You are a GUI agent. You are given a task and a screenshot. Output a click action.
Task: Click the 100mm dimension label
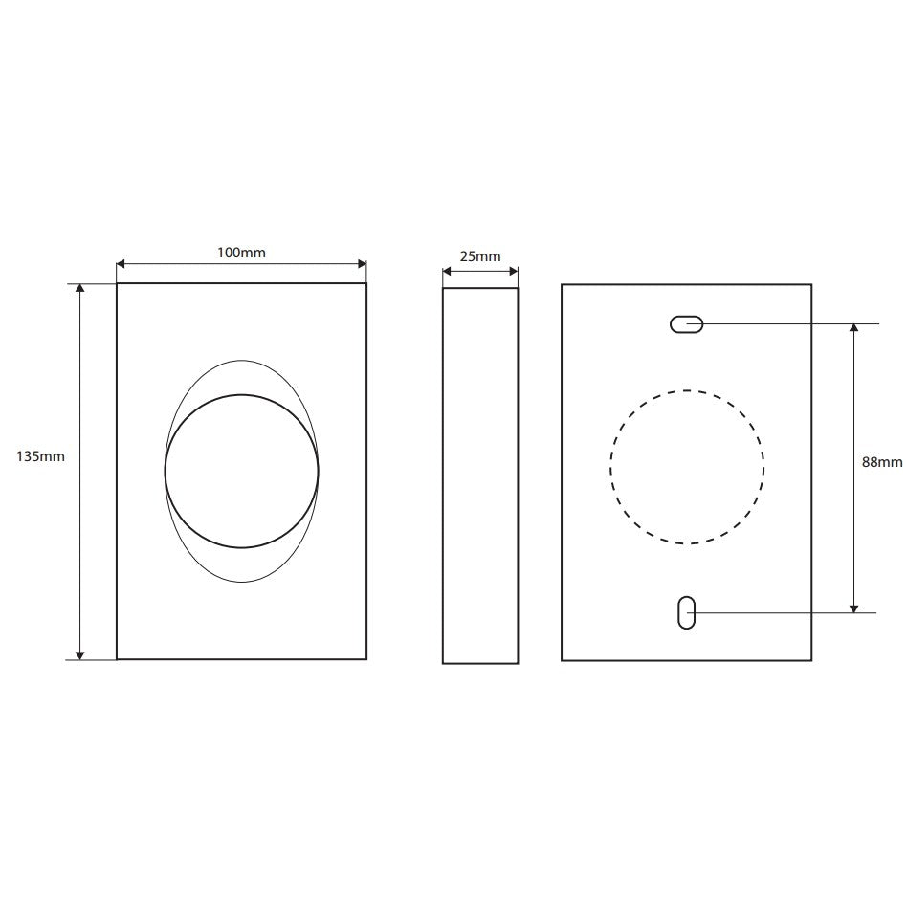tap(241, 253)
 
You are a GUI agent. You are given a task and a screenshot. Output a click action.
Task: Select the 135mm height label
tap(40, 456)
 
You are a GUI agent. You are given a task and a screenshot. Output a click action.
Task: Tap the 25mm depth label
tap(480, 256)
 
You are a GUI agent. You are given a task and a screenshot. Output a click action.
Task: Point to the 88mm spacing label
tap(882, 462)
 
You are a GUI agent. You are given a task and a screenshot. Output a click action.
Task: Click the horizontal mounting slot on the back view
tap(687, 324)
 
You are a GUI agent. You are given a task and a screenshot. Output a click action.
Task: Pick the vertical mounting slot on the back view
tap(687, 612)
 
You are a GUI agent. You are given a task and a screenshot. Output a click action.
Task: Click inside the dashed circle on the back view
tap(687, 467)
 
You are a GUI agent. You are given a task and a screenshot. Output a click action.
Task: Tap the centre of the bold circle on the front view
tap(242, 472)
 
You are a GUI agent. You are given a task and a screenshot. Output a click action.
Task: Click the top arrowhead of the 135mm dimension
tap(80, 288)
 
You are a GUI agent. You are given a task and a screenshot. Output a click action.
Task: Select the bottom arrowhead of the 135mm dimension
tap(80, 654)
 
